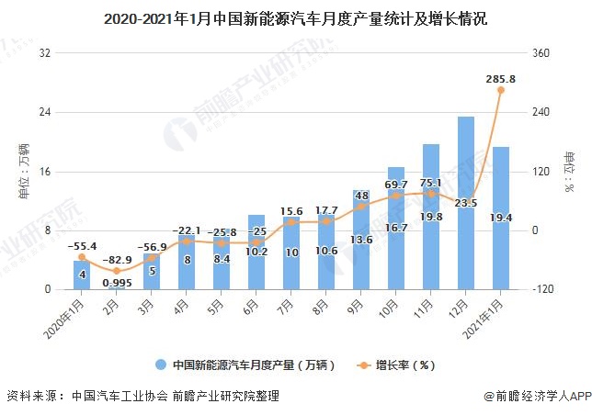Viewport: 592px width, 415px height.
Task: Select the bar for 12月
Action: point(466,203)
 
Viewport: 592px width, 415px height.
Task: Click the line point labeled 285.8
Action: point(501,90)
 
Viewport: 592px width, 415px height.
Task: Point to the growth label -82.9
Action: point(117,261)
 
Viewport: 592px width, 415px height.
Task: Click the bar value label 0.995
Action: point(117,283)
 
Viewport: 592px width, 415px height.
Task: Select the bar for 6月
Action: point(256,252)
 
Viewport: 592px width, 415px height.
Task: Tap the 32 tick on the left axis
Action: point(44,54)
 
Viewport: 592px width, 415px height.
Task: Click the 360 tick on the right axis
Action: point(542,54)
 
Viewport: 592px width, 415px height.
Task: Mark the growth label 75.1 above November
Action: point(431,183)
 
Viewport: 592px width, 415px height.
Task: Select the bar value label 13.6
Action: point(361,240)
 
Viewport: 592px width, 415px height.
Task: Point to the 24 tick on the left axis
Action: point(44,113)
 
